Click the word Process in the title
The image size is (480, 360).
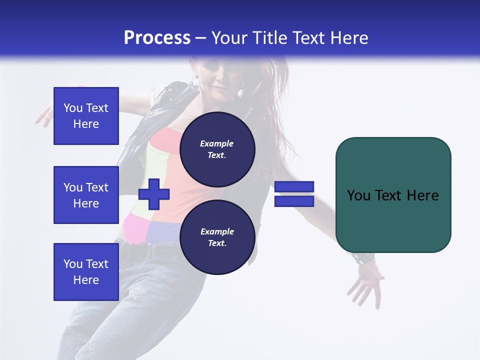pos(157,38)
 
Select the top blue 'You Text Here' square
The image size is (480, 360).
pos(86,116)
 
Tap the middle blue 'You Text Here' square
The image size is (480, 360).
pos(86,195)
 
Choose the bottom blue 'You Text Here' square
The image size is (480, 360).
pos(86,272)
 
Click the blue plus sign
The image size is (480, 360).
pos(154,194)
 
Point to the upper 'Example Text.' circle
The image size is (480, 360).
pos(217,149)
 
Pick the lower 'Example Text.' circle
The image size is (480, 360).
pos(217,237)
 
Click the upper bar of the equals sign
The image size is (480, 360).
pos(294,186)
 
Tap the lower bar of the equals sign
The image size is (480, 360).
pos(294,201)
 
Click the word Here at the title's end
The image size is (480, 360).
pos(350,38)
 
